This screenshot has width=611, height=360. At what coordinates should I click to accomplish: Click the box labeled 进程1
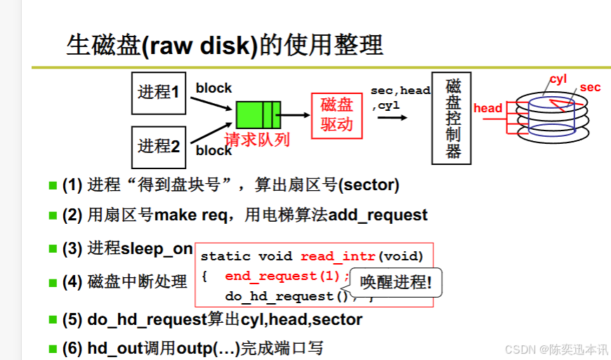(159, 93)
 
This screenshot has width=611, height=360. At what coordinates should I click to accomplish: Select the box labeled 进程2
(159, 147)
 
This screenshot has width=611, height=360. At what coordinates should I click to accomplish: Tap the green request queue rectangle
(258, 114)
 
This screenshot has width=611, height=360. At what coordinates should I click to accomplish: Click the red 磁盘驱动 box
(336, 115)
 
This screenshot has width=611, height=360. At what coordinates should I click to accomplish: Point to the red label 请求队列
(257, 139)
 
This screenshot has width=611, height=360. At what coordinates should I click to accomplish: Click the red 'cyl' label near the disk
(558, 79)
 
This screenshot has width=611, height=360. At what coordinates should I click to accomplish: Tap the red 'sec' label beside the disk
(591, 88)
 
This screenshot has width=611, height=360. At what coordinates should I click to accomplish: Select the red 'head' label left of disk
(488, 108)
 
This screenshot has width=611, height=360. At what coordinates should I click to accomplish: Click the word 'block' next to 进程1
(213, 88)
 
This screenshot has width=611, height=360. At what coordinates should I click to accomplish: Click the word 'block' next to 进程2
(213, 150)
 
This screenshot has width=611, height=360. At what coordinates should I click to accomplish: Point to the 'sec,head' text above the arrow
(400, 91)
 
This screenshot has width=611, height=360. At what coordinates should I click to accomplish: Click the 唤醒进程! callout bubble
(396, 282)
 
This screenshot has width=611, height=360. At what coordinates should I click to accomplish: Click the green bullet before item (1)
(52, 185)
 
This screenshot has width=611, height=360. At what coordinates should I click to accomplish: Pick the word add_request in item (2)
(378, 215)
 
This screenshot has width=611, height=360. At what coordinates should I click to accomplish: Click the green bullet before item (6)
(52, 348)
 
